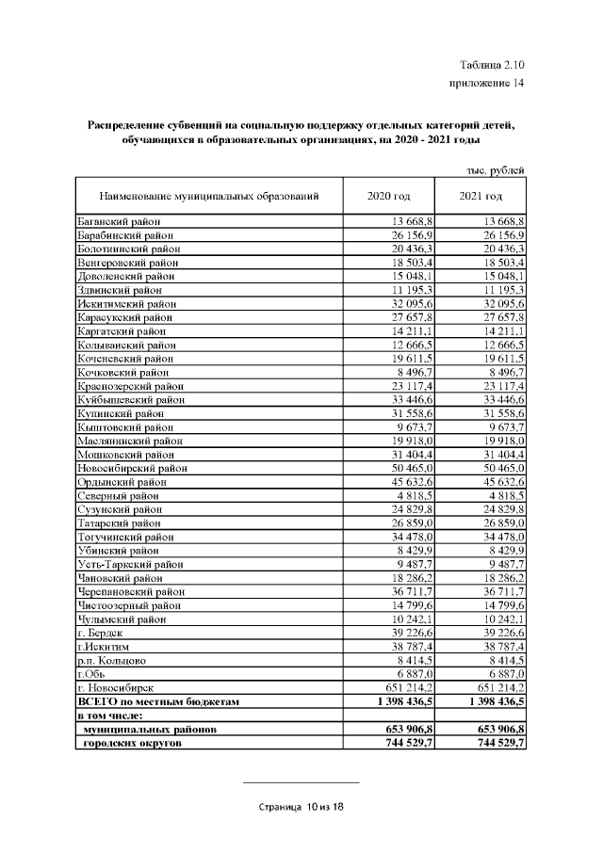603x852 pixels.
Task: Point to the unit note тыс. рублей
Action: (x=495, y=169)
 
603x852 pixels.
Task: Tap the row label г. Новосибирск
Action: (x=116, y=688)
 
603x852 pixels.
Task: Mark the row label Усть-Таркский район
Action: (x=127, y=564)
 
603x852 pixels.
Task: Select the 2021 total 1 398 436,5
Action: (x=491, y=701)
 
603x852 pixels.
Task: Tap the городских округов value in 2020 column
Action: (x=408, y=743)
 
